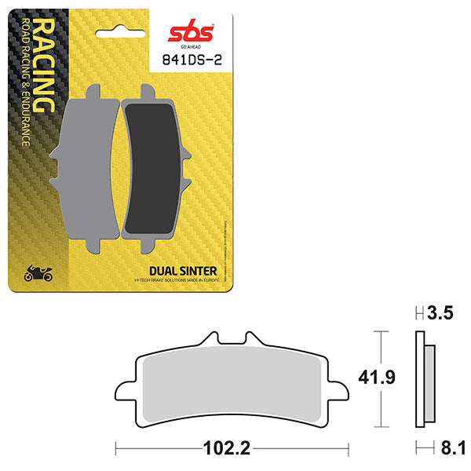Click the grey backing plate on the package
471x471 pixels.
(x=86, y=169)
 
